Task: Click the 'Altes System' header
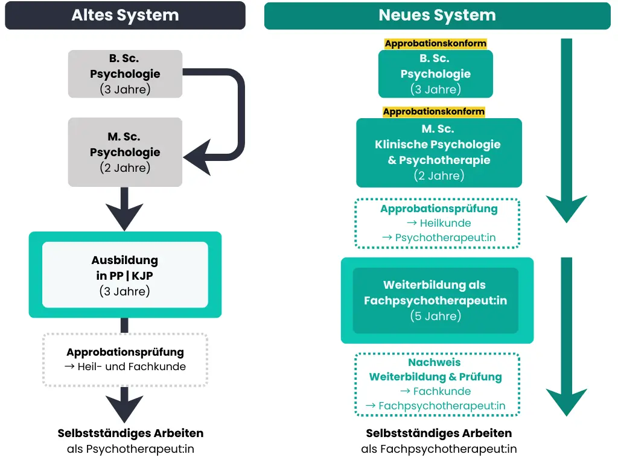tap(125, 16)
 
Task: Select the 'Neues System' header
tap(437, 16)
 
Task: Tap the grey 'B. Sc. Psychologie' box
tap(125, 74)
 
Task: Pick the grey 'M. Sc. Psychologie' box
tap(125, 152)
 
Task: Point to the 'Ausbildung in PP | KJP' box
tap(125, 275)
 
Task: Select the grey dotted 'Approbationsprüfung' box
tap(125, 359)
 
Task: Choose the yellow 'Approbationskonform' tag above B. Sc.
tap(436, 43)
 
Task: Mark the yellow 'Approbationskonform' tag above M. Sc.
tap(434, 112)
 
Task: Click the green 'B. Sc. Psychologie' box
tap(436, 74)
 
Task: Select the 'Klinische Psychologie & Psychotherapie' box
tap(439, 153)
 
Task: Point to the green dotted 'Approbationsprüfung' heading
tap(439, 209)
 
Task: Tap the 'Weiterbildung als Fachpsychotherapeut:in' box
tap(436, 300)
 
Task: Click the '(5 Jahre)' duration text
tap(436, 316)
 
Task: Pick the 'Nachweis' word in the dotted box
tap(435, 362)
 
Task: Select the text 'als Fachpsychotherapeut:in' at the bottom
tap(439, 449)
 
